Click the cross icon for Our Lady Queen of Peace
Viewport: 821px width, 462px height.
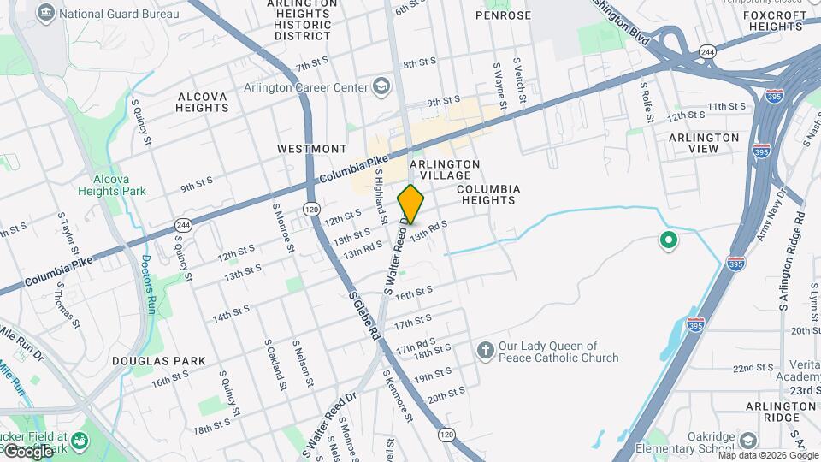click(485, 350)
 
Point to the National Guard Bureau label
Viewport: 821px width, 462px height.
click(120, 14)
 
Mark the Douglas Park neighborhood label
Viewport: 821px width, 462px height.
click(159, 361)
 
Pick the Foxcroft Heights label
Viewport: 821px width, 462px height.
click(775, 21)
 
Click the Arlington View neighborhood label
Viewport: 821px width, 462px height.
click(704, 143)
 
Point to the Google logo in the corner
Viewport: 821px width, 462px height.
click(27, 451)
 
